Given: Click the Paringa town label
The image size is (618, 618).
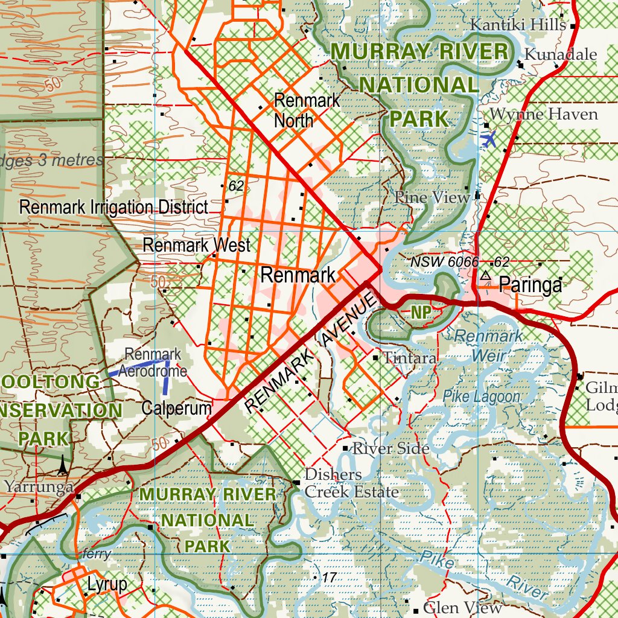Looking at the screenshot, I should [x=530, y=285].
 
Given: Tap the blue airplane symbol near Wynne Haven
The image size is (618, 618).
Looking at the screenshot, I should [x=489, y=139].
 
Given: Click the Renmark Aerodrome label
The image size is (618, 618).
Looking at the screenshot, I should [x=152, y=363].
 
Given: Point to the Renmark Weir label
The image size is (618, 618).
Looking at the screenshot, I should [x=489, y=345].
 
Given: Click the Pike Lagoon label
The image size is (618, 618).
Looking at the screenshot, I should [x=481, y=397].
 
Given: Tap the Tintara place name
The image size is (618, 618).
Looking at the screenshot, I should [x=410, y=358].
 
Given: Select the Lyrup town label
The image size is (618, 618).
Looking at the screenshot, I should [x=107, y=584].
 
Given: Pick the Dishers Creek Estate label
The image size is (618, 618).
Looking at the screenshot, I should [x=351, y=483].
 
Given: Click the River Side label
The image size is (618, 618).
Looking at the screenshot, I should [x=390, y=448].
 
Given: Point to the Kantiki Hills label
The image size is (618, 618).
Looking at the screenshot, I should [x=518, y=25].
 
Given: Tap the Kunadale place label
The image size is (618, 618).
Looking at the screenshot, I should [x=560, y=54].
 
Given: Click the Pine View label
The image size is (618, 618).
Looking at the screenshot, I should [x=432, y=197].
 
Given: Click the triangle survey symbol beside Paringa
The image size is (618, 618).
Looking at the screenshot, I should [x=485, y=275].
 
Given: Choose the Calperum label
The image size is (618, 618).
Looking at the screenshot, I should [x=176, y=408].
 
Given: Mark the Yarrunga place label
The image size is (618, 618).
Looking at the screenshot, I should [x=39, y=486].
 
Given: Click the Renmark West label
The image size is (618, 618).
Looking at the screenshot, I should [x=196, y=246].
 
